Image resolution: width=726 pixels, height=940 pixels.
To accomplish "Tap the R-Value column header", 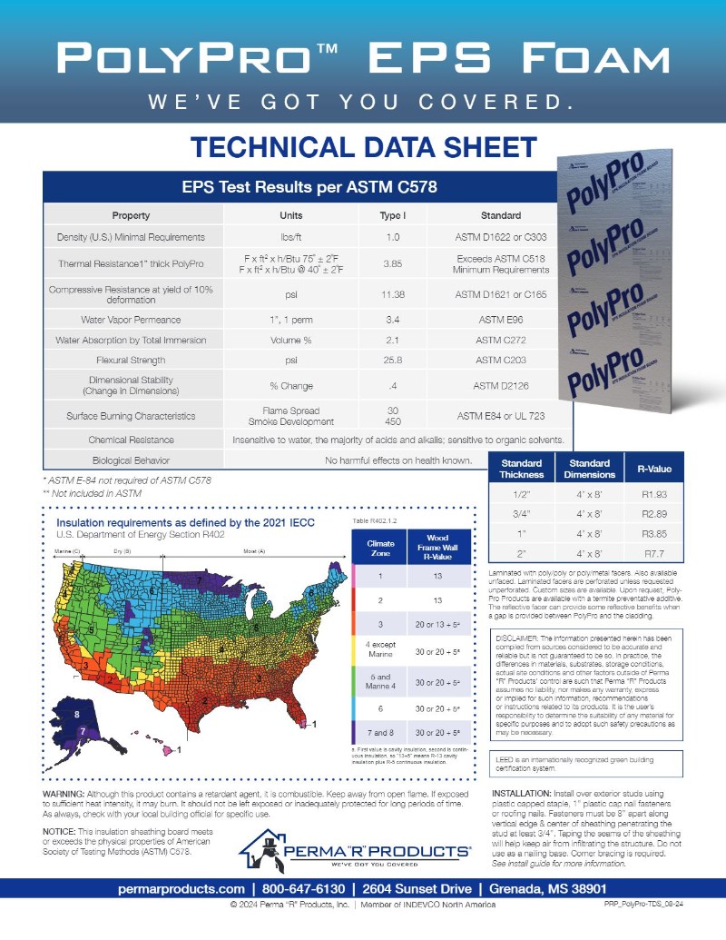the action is pyautogui.click(x=655, y=469).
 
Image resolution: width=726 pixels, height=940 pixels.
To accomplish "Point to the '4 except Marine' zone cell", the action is pyautogui.click(x=379, y=649).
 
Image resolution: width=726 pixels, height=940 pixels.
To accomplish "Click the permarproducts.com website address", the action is pyautogui.click(x=181, y=887).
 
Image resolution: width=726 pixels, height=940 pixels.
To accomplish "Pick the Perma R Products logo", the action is pyautogui.click(x=356, y=851).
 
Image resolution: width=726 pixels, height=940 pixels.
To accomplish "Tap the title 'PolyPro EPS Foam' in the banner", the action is pyautogui.click(x=362, y=59).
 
